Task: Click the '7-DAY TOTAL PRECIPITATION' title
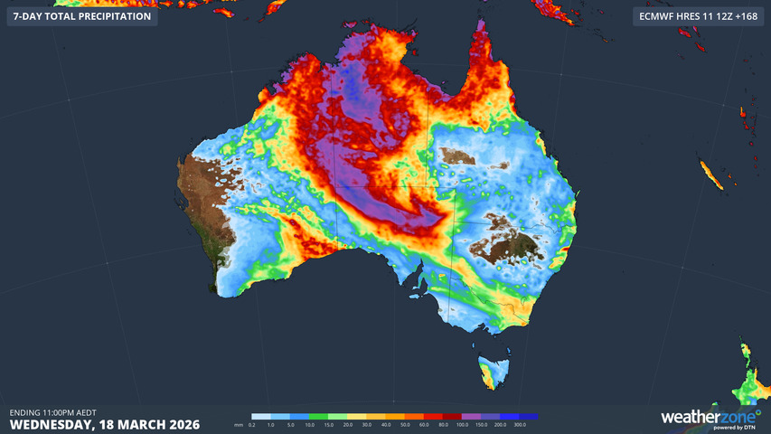tap(81, 16)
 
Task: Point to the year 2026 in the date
tap(179, 423)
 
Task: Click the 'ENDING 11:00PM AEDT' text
tap(52, 411)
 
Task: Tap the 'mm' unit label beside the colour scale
tap(239, 424)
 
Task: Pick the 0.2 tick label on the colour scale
tap(252, 424)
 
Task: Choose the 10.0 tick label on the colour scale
tap(308, 424)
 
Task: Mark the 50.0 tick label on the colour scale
tap(404, 424)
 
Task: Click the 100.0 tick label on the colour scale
tap(461, 424)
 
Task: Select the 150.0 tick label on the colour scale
tap(480, 424)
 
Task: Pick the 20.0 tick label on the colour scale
tap(347, 424)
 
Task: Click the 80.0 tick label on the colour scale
tap(442, 424)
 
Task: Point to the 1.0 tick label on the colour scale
tap(271, 424)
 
